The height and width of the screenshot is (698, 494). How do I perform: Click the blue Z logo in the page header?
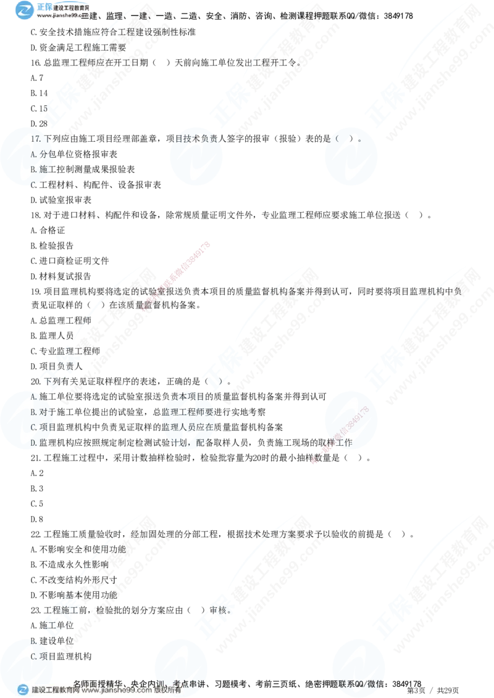point(24,10)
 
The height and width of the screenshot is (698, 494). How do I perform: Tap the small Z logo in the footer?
point(23,689)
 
